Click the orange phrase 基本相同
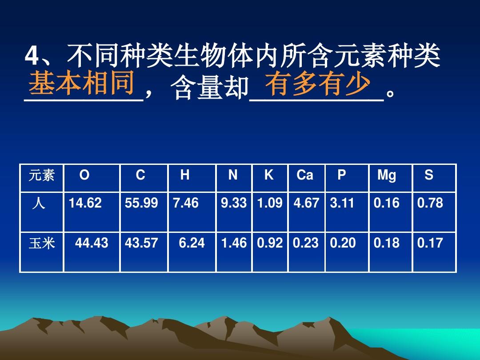point(82,84)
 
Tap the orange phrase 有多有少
point(317,84)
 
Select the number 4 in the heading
point(31,57)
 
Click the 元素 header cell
point(41,176)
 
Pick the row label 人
point(39,204)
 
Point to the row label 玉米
point(42,244)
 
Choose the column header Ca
point(305,176)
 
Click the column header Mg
point(386,176)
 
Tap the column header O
point(84,176)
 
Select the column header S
point(428,176)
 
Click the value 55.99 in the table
point(141,203)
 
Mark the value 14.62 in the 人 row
point(85,203)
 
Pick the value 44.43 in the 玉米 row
point(92,243)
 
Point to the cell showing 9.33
point(234,203)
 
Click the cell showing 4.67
point(306,203)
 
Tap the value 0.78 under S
point(430,203)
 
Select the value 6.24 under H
point(192,243)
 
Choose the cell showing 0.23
point(306,243)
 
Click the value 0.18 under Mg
point(387,243)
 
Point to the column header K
point(269,176)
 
